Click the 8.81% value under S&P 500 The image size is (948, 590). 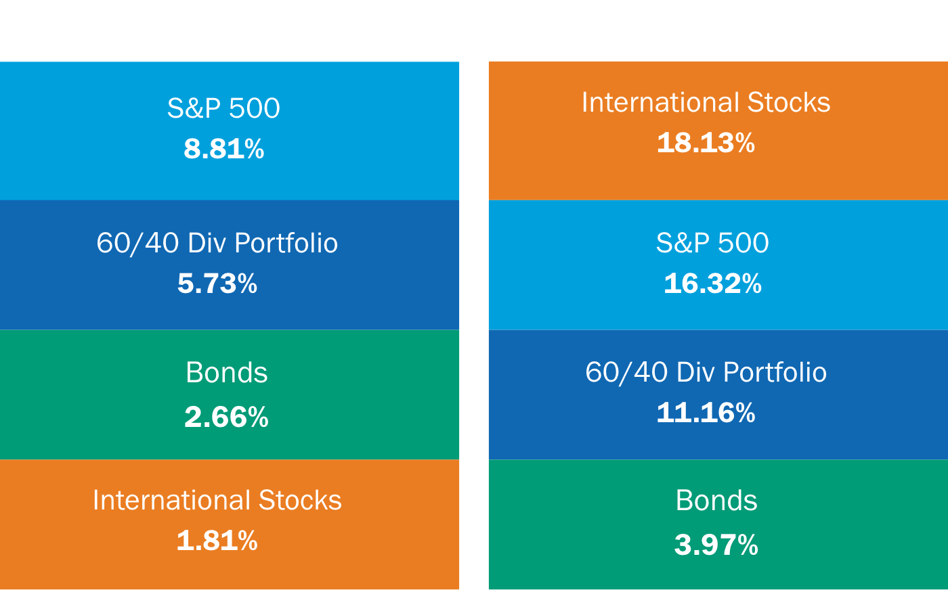tap(223, 149)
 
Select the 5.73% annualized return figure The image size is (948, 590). tap(217, 283)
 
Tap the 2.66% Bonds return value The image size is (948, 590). tap(226, 417)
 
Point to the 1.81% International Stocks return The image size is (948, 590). tap(217, 541)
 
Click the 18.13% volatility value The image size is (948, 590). tap(706, 143)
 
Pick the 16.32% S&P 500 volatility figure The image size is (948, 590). tap(712, 283)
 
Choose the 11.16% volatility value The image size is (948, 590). tap(706, 413)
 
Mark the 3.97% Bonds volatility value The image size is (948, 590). tap(716, 545)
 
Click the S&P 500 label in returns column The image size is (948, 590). tap(223, 108)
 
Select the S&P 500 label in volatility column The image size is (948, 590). tap(712, 243)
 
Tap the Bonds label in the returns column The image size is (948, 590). tap(226, 373)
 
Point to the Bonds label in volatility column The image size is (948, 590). tap(716, 501)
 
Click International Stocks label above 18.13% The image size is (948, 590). tap(706, 102)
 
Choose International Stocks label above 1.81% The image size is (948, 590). tap(217, 500)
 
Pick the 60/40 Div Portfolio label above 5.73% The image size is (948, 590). tap(217, 243)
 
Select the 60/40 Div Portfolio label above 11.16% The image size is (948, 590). tap(706, 372)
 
